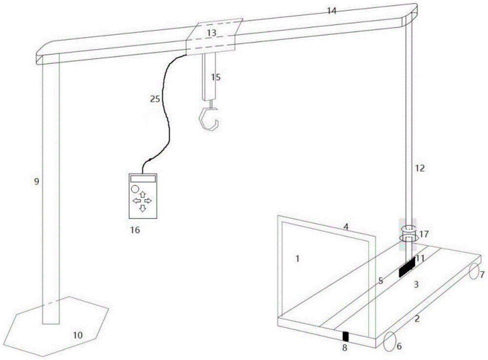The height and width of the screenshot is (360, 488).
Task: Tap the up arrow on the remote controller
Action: [x=142, y=194]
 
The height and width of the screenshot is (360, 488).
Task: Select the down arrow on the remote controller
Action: [x=142, y=209]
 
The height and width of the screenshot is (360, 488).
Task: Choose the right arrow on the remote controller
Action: [x=148, y=201]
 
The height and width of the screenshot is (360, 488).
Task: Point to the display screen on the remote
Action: [x=142, y=179]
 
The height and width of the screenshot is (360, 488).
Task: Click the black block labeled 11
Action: [x=407, y=267]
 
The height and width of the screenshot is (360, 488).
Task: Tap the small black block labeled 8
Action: [x=346, y=336]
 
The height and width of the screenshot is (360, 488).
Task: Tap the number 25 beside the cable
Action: [x=155, y=99]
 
